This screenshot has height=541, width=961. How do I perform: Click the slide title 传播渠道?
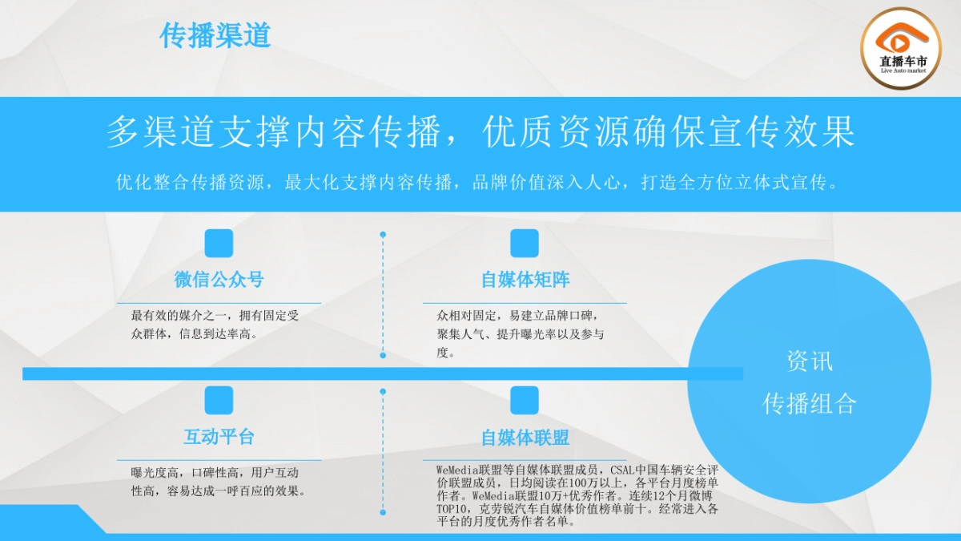click(215, 35)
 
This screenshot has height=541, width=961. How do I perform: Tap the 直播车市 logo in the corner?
click(901, 48)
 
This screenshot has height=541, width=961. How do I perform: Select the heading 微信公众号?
click(219, 280)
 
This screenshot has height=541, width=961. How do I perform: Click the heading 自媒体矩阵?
click(525, 280)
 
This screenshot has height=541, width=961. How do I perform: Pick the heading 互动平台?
click(219, 437)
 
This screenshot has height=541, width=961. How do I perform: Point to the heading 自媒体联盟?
click(525, 438)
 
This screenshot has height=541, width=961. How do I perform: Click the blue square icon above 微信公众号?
click(219, 243)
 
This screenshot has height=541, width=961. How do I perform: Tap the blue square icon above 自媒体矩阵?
click(525, 243)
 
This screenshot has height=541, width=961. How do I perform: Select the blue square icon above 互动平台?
click(219, 400)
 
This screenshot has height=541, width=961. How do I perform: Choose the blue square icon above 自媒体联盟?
click(525, 400)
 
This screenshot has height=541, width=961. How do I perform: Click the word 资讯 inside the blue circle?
click(810, 361)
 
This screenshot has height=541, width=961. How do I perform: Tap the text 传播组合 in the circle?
click(810, 403)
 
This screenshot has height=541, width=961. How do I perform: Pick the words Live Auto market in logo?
click(903, 71)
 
